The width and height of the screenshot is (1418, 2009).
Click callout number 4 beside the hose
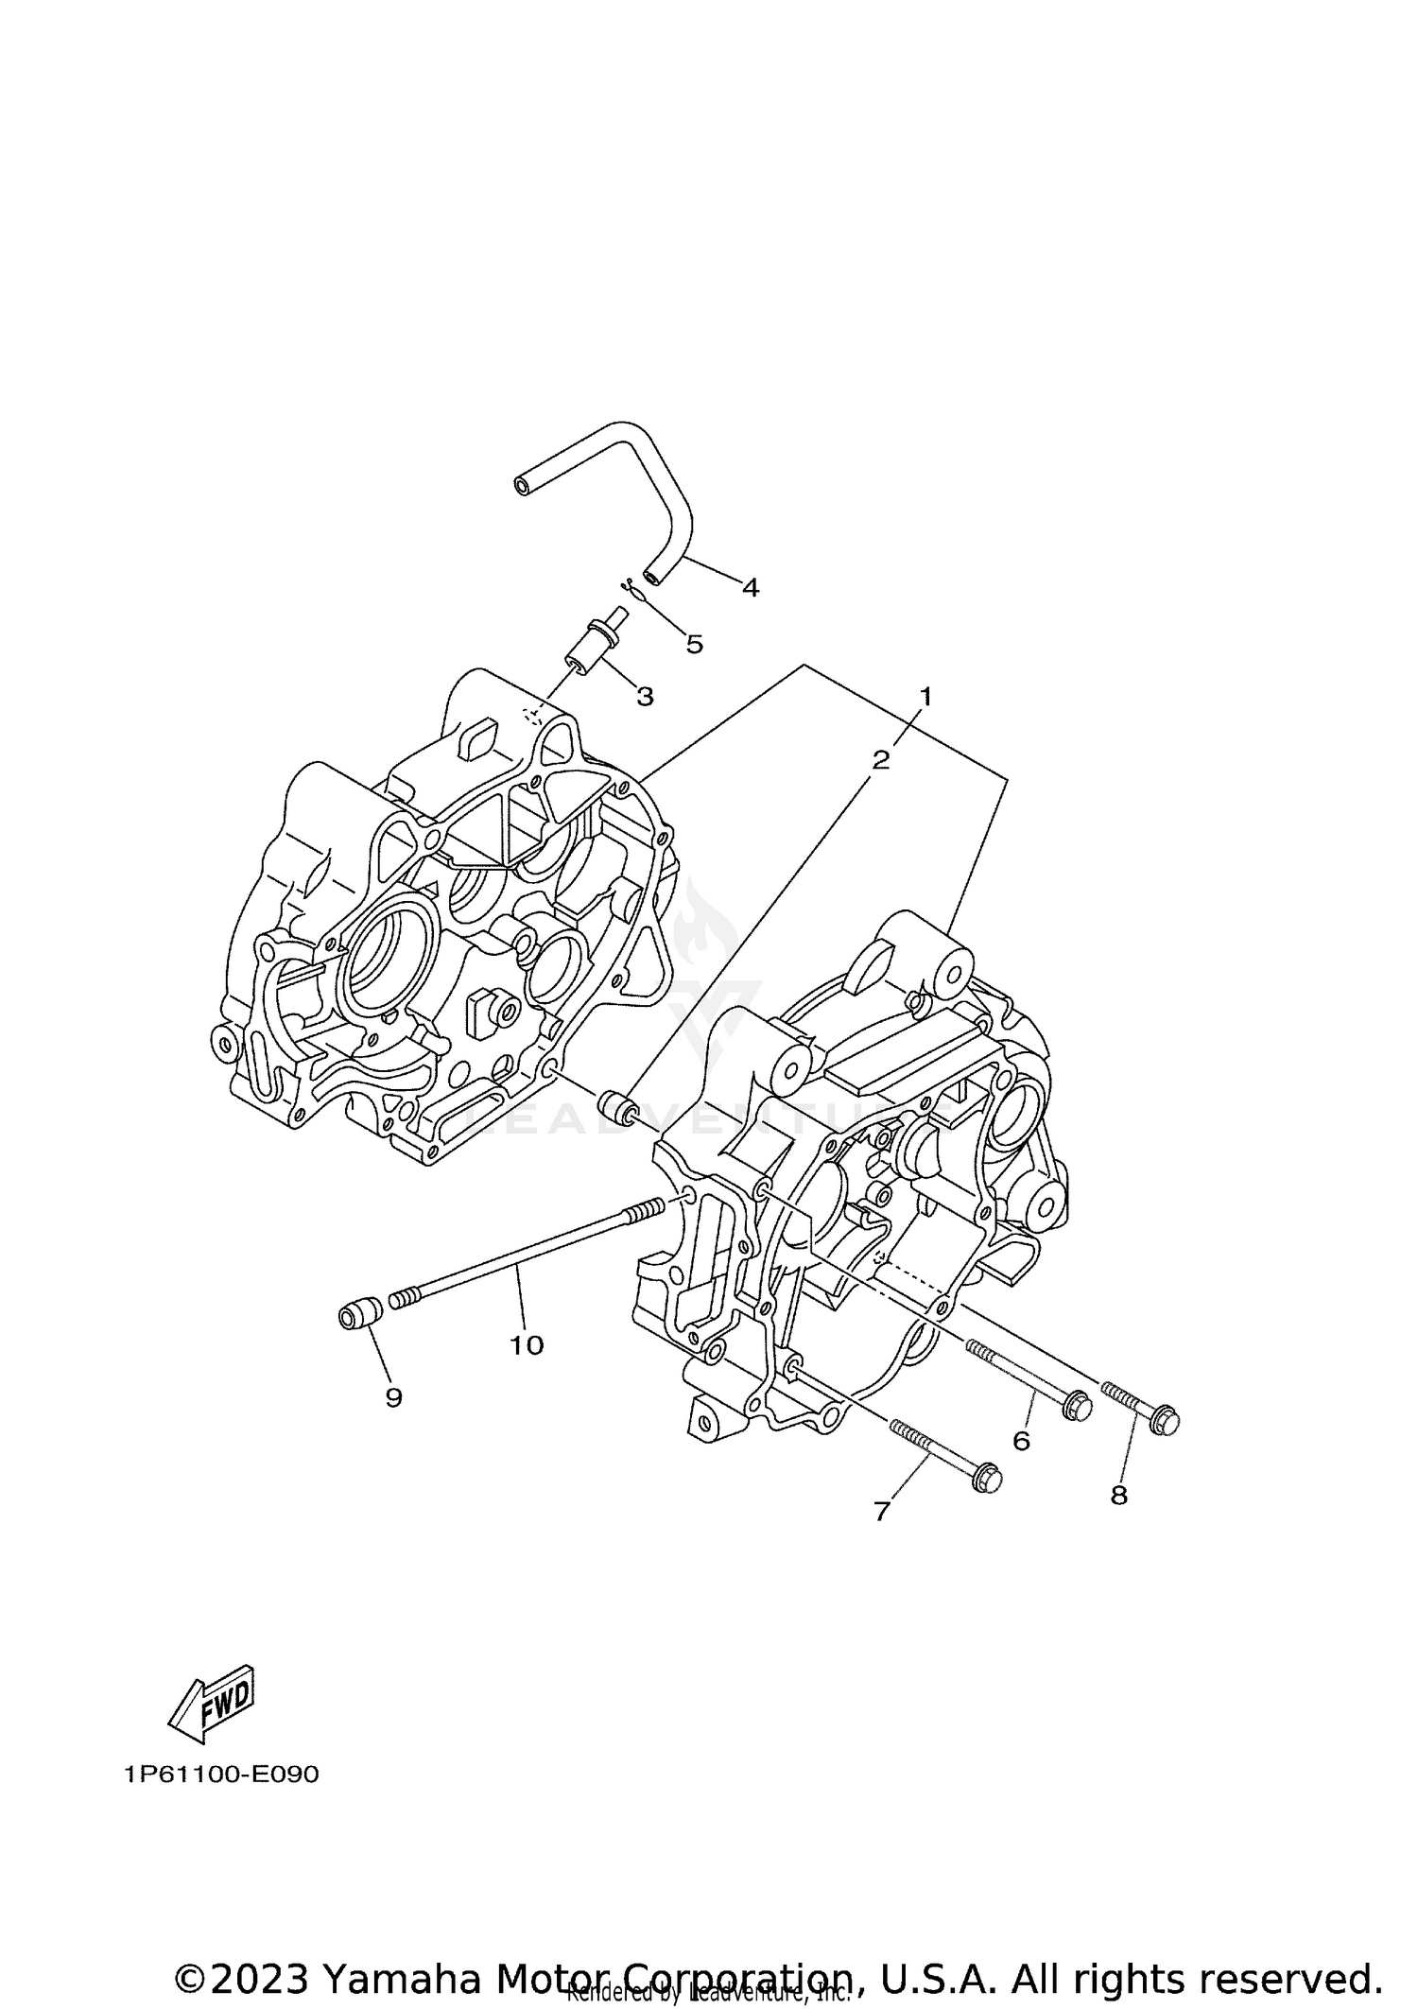[750, 588]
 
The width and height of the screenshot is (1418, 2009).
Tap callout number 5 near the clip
[694, 645]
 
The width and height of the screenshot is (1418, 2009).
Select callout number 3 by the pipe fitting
[645, 697]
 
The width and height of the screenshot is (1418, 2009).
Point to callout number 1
[925, 697]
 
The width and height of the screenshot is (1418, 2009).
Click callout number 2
[880, 760]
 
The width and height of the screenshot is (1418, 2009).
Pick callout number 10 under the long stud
[527, 1345]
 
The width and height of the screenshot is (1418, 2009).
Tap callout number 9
[393, 1398]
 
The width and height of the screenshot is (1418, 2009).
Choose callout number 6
[1021, 1441]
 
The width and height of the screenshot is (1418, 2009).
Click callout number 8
[1118, 1497]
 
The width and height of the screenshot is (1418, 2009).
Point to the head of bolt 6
[1077, 1408]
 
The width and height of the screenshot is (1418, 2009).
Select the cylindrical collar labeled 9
[359, 1314]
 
